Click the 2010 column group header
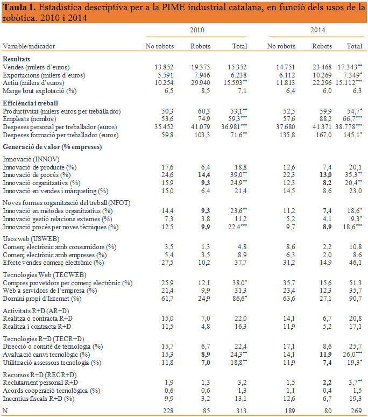[197, 31]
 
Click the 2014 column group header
[317, 31]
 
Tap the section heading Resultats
[16, 59]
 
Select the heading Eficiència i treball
[30, 103]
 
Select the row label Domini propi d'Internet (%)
[45, 298]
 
